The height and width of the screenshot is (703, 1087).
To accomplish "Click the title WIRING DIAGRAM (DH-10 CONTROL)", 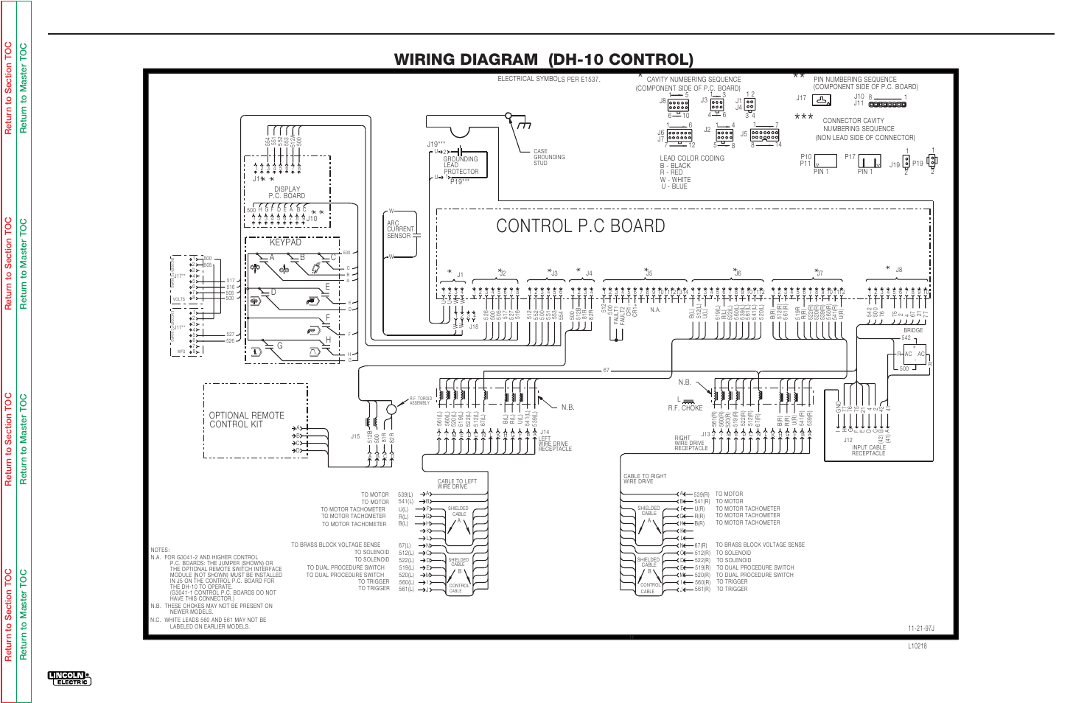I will tap(543, 60).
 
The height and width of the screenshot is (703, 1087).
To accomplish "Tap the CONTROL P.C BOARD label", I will tap(581, 226).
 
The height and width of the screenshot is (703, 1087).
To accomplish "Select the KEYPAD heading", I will tap(285, 242).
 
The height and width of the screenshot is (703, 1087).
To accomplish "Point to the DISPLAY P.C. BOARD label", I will tap(287, 192).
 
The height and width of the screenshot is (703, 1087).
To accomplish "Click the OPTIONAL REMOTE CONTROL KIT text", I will tap(246, 420).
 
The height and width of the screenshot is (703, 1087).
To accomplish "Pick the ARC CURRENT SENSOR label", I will tap(399, 229).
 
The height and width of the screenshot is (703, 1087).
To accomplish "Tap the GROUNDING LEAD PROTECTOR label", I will tap(461, 165).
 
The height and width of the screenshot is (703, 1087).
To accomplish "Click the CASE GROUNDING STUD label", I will tap(549, 157).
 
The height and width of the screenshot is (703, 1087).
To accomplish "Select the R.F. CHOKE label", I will tap(685, 408).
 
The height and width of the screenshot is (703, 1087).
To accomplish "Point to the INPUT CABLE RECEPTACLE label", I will tap(868, 450).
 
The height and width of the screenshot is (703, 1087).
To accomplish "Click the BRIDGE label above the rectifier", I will tap(913, 330).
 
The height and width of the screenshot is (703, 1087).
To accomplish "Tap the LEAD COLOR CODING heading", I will tap(692, 158).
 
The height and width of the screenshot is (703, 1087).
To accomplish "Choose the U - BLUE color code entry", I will tap(674, 186).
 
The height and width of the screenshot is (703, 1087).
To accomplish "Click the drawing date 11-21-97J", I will tap(920, 629).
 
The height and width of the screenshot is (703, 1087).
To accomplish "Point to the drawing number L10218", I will tap(917, 646).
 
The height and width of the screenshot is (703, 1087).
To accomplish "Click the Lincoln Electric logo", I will tap(69, 678).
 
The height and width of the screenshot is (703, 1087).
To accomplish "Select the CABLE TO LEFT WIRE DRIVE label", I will tap(457, 484).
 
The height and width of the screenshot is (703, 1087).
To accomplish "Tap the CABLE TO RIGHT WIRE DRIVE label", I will tap(645, 479).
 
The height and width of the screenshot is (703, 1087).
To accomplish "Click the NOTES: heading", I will tap(160, 550).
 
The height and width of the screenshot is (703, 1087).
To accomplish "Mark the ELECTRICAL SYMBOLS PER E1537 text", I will tap(548, 79).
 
